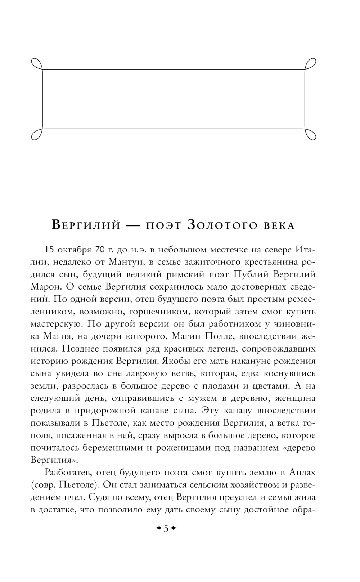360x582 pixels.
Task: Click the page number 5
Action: point(166,529)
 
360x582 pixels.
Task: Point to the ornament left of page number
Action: point(158,529)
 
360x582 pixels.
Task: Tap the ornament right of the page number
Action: point(174,529)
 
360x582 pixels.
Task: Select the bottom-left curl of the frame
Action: point(37,134)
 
